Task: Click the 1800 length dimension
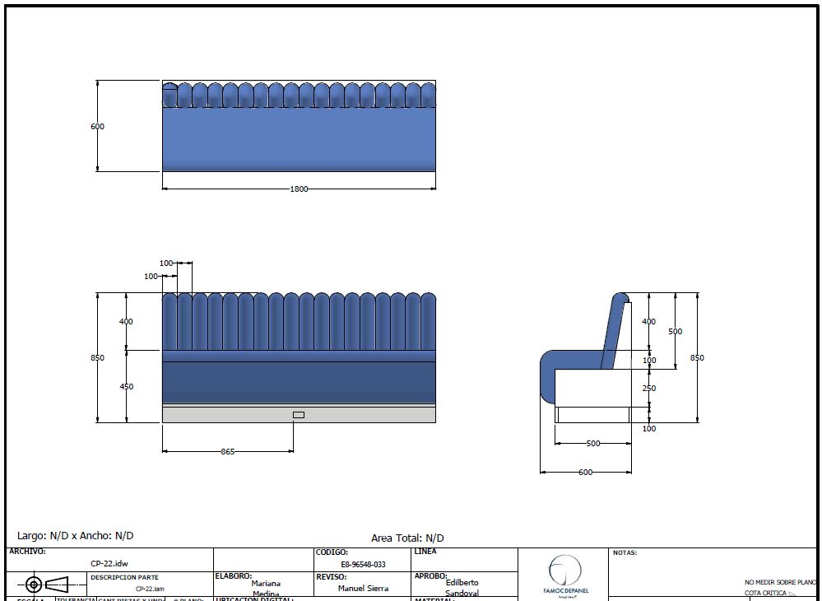point(299,189)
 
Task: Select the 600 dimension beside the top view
point(98,127)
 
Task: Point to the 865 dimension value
point(228,452)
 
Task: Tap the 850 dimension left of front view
point(98,358)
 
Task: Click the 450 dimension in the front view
point(127,386)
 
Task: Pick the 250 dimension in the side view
point(649,388)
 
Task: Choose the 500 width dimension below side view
point(592,444)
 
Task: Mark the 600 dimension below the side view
point(585,473)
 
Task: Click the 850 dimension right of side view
point(698,358)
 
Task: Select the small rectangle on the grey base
point(299,414)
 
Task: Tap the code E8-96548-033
point(362,565)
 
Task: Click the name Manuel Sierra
point(363,589)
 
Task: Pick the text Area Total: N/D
point(407,538)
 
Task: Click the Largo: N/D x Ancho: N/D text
point(76,536)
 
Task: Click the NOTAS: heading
point(625,553)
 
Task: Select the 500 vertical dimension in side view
point(676,331)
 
